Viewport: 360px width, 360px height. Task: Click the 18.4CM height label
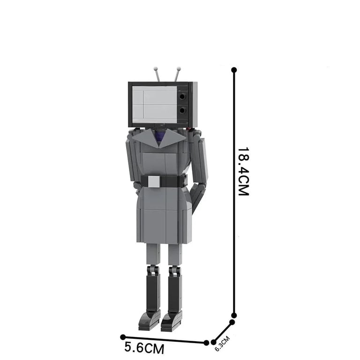point(243,171)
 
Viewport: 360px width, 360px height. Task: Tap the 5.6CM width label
point(144,348)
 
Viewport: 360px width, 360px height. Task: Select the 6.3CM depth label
point(222,344)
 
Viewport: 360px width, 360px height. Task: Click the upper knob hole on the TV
point(182,97)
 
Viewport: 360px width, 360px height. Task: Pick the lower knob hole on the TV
point(182,111)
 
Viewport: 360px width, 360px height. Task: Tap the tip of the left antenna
point(156,68)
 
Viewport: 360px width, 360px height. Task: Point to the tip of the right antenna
point(179,68)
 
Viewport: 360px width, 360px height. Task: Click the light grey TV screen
point(155,105)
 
